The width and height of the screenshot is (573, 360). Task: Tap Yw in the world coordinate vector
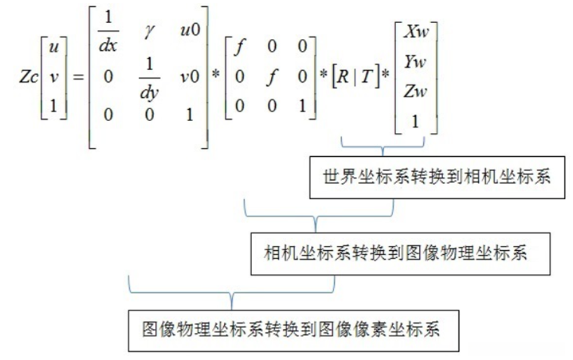[416, 61]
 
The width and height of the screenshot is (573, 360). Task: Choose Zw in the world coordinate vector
[416, 92]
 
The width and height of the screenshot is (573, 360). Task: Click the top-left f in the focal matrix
[238, 48]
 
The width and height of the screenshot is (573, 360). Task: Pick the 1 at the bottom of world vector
[416, 121]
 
